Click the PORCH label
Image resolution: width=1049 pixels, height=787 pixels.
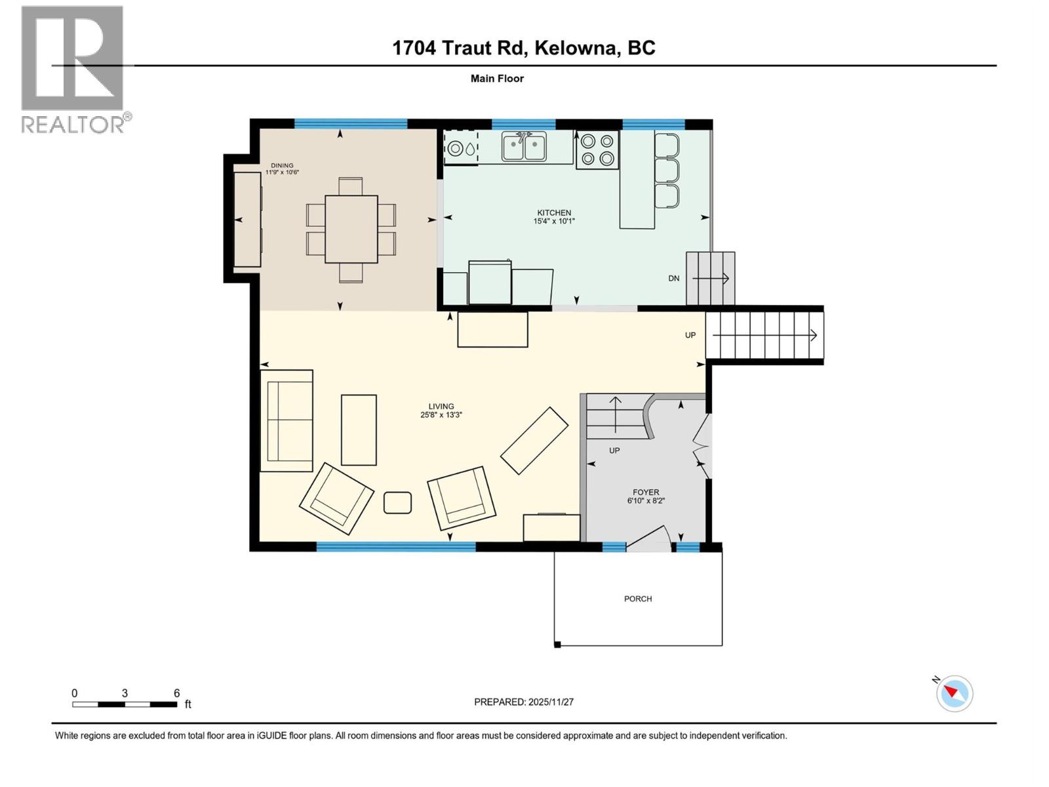coord(638,599)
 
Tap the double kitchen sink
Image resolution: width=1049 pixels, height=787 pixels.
coord(524,146)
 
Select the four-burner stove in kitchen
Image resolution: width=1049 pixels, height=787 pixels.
coord(597,150)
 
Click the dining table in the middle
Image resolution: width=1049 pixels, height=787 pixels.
coord(351,229)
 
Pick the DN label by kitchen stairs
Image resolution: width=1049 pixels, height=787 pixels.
coord(674,278)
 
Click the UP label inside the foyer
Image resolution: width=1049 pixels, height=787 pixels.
coord(614,451)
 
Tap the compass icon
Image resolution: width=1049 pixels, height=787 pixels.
coord(955,693)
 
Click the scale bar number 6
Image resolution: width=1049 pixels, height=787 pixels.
coord(176,693)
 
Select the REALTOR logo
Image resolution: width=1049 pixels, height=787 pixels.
coord(73,69)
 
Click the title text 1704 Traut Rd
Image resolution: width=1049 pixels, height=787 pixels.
coord(459,48)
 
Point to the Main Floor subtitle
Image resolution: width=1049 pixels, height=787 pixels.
coord(497,78)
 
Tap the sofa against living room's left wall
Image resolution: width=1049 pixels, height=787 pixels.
coord(287,420)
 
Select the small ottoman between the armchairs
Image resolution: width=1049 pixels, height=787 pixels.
coord(397,502)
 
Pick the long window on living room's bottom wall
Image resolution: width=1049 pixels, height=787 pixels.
coord(396,546)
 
